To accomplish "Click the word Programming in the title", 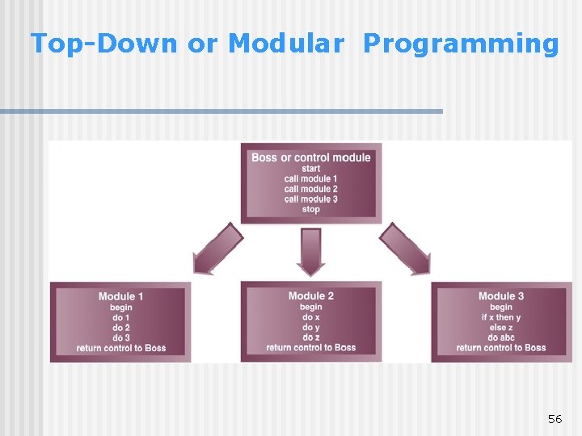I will [x=460, y=44].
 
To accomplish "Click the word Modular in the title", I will [x=285, y=44].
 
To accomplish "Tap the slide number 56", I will [x=555, y=418].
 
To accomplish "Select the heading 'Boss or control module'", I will [x=311, y=157].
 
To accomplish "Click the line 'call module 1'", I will [x=311, y=178].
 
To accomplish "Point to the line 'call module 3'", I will [x=311, y=199].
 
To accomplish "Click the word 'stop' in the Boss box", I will [x=311, y=209].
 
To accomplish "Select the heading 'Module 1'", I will [x=121, y=296].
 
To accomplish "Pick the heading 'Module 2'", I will [x=311, y=296].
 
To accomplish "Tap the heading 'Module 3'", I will [x=501, y=296].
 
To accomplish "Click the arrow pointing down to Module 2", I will [x=311, y=250].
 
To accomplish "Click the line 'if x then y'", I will [x=501, y=317].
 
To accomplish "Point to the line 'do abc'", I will [x=501, y=337].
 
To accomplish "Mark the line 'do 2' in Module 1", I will [x=121, y=328].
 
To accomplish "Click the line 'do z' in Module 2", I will [x=311, y=337].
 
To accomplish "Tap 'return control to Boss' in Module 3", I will [x=501, y=348].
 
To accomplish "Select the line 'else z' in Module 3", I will [x=501, y=328].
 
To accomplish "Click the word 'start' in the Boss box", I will [x=311, y=169].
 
